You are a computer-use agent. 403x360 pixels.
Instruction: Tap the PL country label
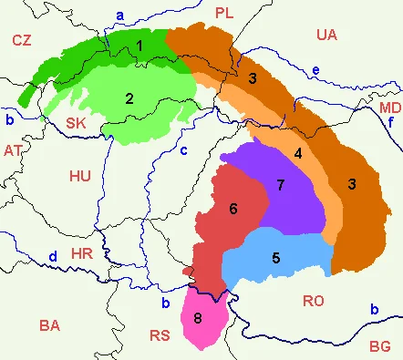(x=224, y=12)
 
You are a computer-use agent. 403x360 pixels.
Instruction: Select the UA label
(x=326, y=35)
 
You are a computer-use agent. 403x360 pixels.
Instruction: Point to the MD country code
(x=389, y=107)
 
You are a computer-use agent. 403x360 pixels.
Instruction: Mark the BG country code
(x=379, y=345)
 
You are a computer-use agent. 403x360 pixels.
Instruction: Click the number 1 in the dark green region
(x=139, y=45)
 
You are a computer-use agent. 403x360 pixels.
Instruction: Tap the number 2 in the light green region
(x=130, y=98)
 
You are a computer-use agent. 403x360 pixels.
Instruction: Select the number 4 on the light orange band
(x=298, y=152)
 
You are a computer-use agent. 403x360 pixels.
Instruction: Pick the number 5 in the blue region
(x=274, y=257)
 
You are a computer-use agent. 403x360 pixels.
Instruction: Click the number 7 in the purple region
(x=280, y=185)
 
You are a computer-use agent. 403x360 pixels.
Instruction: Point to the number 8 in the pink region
(x=198, y=318)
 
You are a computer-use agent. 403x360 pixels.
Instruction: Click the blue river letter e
(x=315, y=70)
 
